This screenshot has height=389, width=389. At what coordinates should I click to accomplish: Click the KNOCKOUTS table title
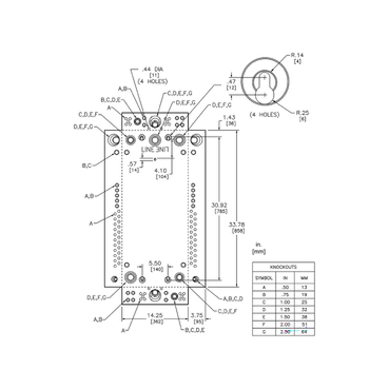283,267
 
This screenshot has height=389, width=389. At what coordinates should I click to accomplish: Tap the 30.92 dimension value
219,205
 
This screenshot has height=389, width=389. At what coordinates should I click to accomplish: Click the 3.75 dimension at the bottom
197,315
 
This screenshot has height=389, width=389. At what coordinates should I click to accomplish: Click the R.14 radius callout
297,55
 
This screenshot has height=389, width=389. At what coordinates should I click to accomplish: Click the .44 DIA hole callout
152,69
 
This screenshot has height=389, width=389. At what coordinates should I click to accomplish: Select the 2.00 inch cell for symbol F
285,324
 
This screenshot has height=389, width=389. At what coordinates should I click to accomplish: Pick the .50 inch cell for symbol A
285,287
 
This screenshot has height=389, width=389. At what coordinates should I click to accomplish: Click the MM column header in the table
304,278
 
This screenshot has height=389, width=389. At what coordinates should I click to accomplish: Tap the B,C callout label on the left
87,166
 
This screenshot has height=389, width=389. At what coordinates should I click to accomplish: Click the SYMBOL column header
264,278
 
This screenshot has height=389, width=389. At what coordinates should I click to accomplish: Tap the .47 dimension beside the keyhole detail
231,82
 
